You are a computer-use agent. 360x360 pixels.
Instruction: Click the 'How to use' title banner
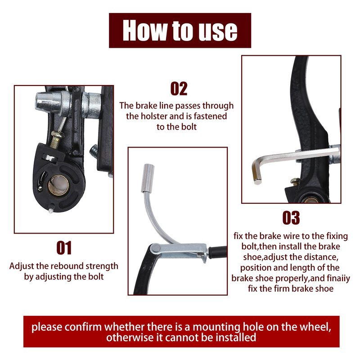point(180,30)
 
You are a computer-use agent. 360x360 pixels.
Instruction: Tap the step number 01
point(64,247)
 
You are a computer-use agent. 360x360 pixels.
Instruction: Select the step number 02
point(179,88)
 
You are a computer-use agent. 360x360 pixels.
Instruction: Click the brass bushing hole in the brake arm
point(58,185)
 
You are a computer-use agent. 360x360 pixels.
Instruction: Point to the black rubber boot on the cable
point(217,252)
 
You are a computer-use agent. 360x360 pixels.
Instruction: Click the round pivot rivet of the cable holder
point(155,248)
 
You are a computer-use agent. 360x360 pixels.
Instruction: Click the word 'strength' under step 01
point(102,266)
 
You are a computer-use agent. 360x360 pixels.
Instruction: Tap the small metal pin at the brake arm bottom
point(51,211)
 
